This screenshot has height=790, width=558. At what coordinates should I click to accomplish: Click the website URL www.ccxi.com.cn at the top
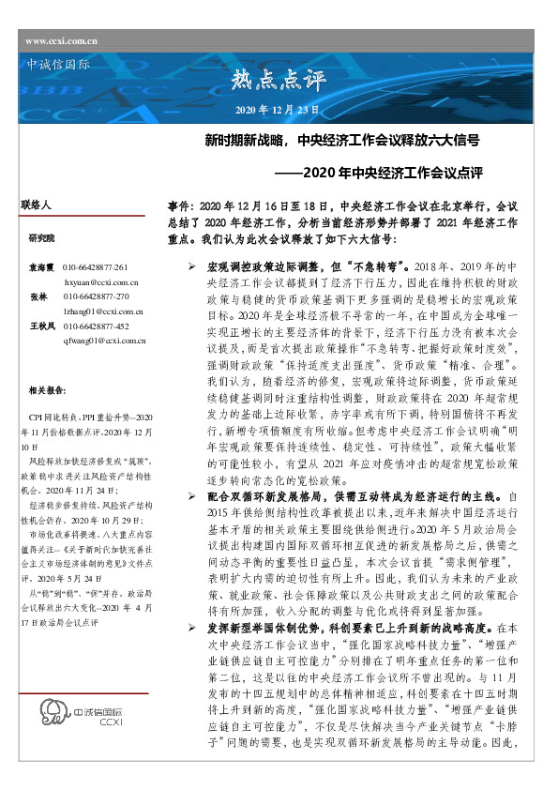[62, 41]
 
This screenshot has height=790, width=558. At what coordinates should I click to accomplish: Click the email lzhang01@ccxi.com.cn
[103, 310]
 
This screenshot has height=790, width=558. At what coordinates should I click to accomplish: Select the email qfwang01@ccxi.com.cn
[104, 339]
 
